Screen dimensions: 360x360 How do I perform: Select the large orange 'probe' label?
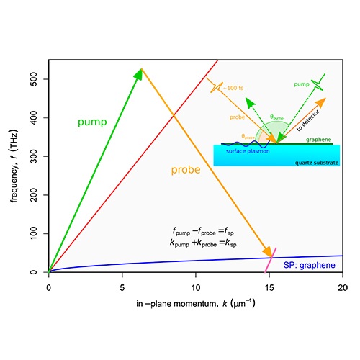click(186, 171)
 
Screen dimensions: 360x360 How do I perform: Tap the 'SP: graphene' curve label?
click(309, 266)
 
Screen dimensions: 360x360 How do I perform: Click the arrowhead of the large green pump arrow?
click(140, 72)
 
